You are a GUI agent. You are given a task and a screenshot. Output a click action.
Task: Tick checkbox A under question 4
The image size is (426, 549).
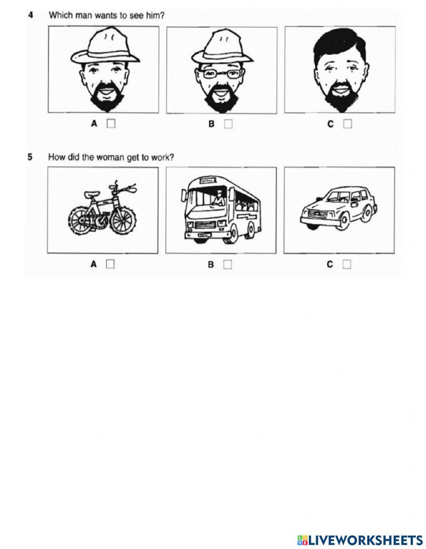pos(111,124)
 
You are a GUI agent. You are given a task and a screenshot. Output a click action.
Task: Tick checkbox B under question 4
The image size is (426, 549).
pos(228,124)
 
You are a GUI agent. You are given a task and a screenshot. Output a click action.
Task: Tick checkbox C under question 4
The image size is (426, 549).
pos(347,124)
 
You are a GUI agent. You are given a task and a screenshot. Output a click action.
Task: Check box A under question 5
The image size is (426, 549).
pos(110,264)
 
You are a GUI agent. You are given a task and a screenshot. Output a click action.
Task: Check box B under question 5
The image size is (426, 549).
pos(227,265)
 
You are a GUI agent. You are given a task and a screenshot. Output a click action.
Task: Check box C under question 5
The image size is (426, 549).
pos(347,265)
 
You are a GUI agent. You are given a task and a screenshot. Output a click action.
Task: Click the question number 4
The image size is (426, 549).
pos(31,15)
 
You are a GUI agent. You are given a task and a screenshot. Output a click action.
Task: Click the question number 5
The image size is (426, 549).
pos(30,157)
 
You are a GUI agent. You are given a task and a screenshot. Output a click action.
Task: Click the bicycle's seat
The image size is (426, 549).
pos(92,194)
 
